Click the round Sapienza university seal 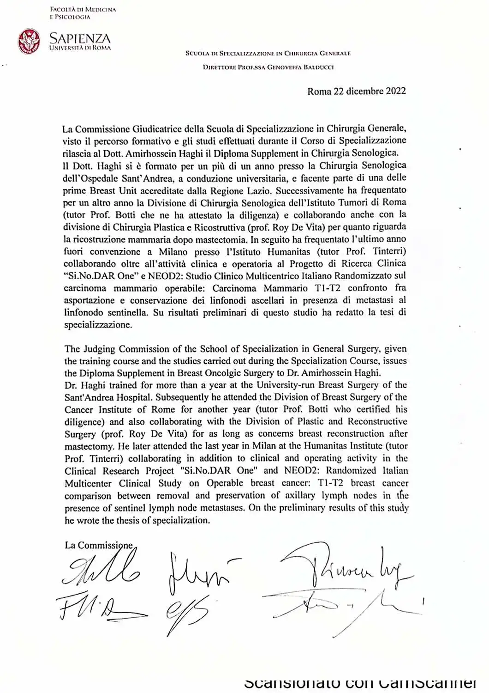[29, 41]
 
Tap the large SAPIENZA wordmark [80, 38]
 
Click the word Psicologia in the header [72, 17]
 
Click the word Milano [173, 252]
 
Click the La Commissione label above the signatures [99, 546]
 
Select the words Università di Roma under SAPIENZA [80, 48]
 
